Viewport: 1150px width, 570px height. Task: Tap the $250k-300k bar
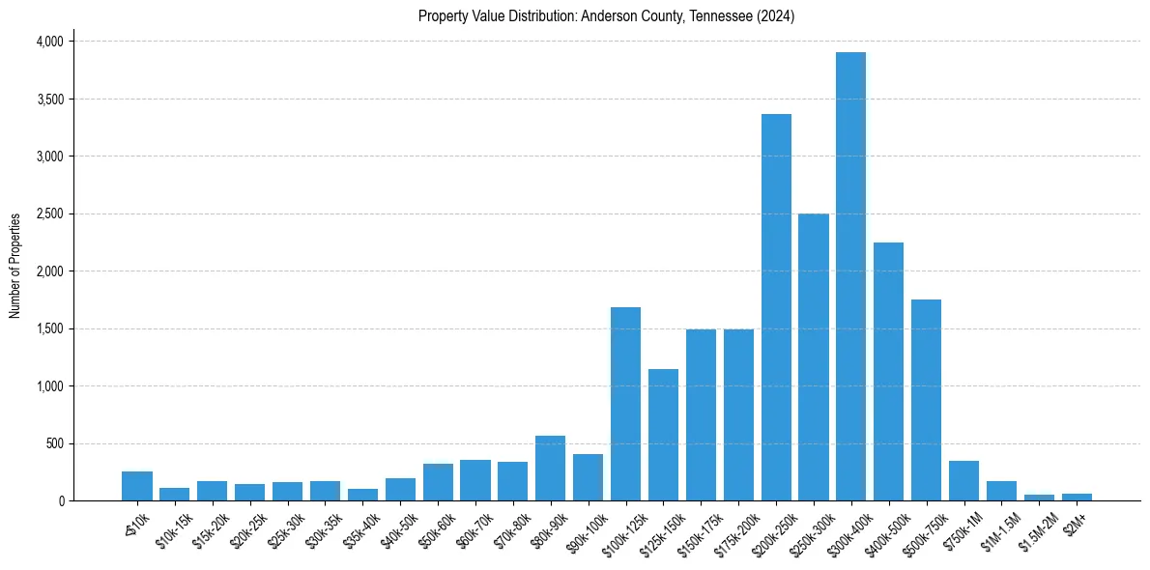coord(814,357)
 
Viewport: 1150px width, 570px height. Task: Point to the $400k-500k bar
coord(888,372)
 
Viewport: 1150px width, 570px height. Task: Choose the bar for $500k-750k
coord(926,400)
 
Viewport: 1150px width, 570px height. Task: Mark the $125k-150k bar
coord(663,435)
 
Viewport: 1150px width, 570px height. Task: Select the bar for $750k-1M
coord(963,481)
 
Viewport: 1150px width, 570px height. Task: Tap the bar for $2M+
coord(1077,498)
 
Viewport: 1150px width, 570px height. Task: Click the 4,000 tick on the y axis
coord(49,42)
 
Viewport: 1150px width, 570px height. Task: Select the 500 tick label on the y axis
coord(54,443)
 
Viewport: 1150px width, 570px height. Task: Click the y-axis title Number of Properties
coord(14,266)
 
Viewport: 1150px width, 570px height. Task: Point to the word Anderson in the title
coord(607,16)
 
